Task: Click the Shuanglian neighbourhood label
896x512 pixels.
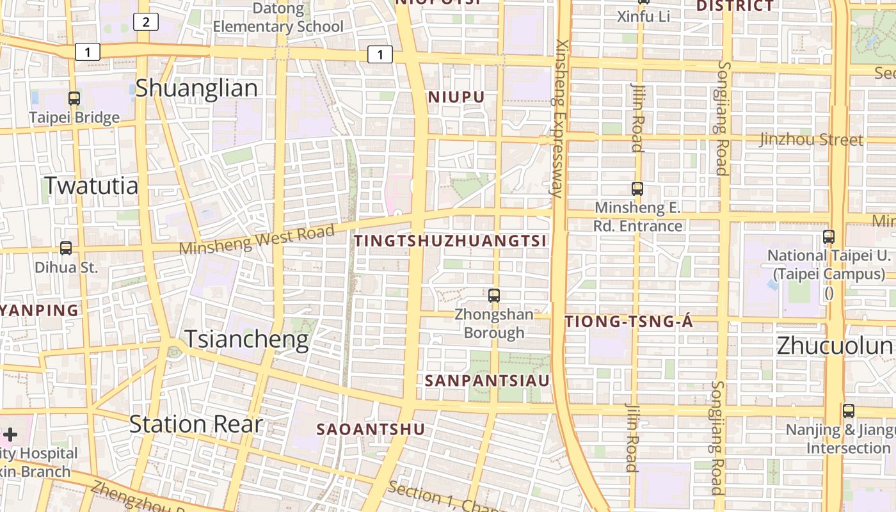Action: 196,88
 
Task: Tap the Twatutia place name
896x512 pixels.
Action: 91,186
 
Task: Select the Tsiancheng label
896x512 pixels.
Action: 246,339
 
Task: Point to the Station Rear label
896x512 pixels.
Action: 196,424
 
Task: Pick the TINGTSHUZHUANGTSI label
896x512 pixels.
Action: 451,241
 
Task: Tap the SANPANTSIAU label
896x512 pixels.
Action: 487,380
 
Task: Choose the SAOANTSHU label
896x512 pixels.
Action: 371,429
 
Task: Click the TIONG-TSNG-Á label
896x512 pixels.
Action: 629,322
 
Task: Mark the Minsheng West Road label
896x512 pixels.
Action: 257,239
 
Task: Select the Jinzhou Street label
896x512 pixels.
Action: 811,140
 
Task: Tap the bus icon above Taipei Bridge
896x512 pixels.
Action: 74,98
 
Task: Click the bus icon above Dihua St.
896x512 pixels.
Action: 66,248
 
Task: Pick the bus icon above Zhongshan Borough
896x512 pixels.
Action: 494,295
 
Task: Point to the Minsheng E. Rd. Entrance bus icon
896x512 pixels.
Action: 637,188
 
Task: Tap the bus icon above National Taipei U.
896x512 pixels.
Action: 829,236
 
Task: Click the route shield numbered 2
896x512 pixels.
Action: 146,22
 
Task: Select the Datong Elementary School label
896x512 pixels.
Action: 278,18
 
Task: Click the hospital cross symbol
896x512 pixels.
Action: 10,435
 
